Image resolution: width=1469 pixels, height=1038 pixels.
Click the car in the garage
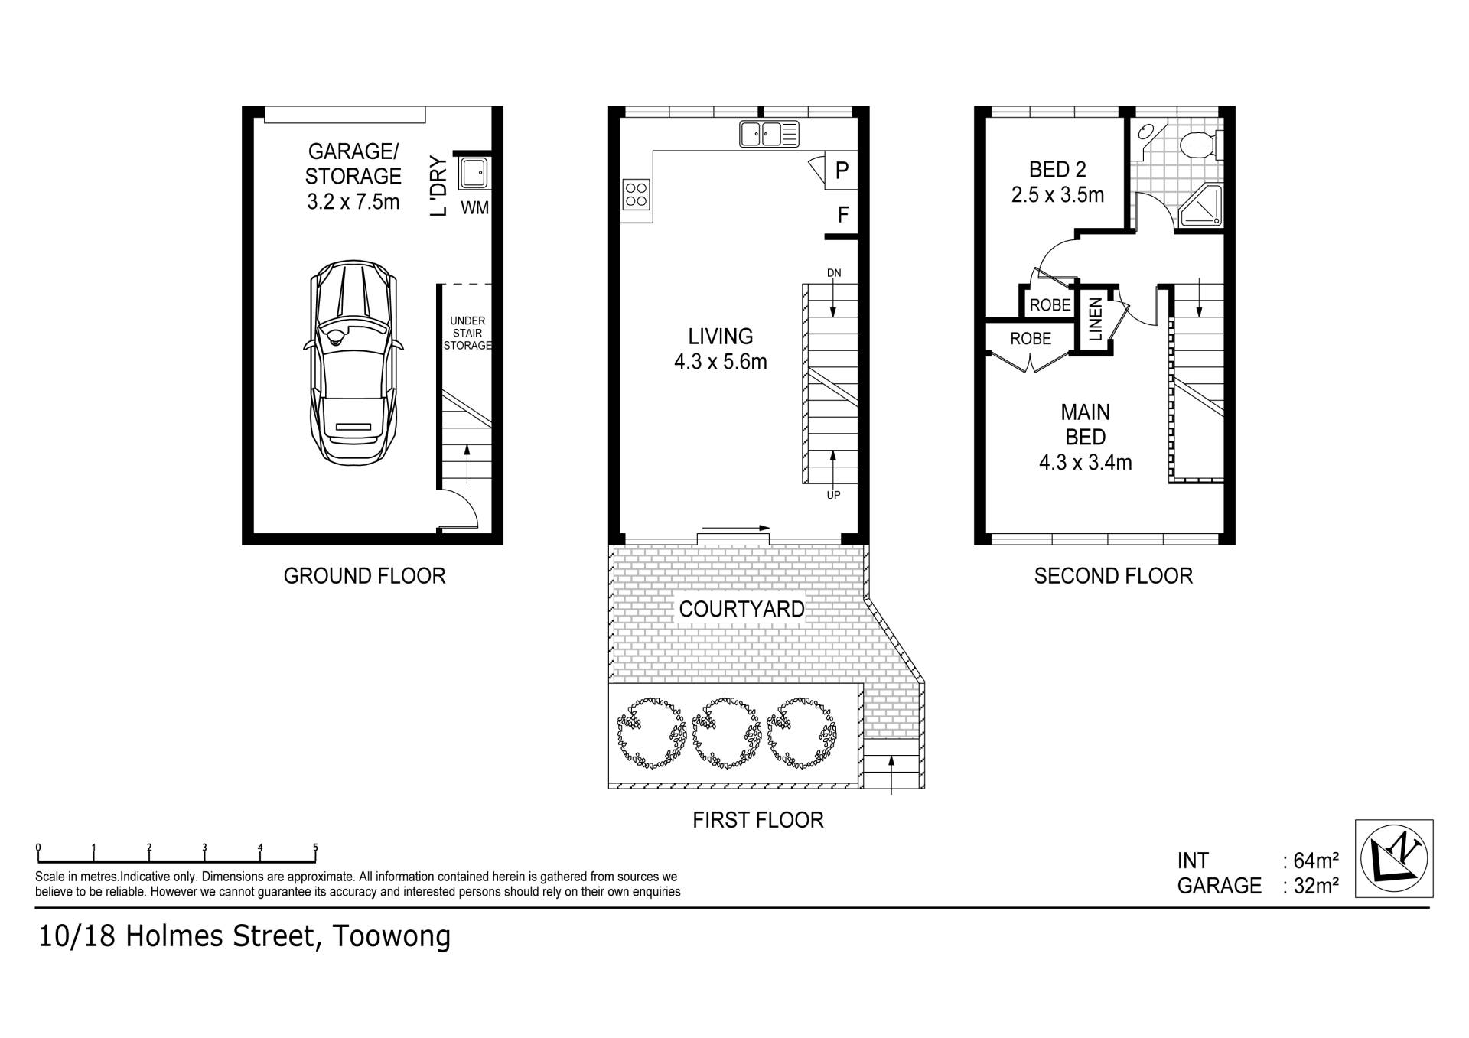pyautogui.click(x=353, y=363)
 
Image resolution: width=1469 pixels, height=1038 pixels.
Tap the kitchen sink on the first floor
pyautogui.click(x=769, y=134)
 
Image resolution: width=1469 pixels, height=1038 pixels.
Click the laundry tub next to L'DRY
pyautogui.click(x=474, y=172)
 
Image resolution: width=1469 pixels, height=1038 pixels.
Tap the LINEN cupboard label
pyautogui.click(x=1095, y=319)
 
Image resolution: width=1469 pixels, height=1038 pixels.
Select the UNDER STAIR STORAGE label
pyautogui.click(x=467, y=333)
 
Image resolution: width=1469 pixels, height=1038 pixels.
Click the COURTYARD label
pyautogui.click(x=741, y=609)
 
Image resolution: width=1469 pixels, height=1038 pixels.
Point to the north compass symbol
pyautogui.click(x=1394, y=858)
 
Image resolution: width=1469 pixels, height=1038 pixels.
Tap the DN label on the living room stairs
pyautogui.click(x=833, y=273)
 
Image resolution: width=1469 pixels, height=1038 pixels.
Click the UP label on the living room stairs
pyautogui.click(x=833, y=495)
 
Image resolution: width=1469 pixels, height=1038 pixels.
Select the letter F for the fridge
pyautogui.click(x=843, y=215)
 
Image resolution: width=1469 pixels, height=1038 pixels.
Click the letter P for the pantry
pyautogui.click(x=842, y=170)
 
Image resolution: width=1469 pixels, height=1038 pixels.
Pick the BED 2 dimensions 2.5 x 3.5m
pyautogui.click(x=1057, y=195)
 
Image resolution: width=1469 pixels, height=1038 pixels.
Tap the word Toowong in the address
pyautogui.click(x=391, y=937)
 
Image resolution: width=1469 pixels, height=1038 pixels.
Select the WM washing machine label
pyautogui.click(x=474, y=208)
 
